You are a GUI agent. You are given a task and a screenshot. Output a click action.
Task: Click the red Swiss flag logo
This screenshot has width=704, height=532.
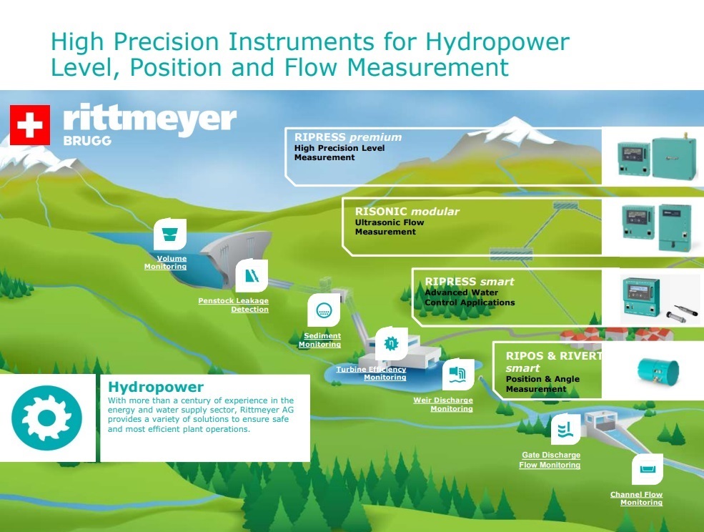(x=30, y=125)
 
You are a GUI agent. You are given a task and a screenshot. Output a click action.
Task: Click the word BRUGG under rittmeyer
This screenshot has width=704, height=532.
(x=87, y=141)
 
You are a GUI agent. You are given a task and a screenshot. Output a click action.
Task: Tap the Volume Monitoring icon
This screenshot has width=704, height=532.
(x=169, y=234)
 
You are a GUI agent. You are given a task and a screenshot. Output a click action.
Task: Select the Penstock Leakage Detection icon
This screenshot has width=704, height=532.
(x=252, y=275)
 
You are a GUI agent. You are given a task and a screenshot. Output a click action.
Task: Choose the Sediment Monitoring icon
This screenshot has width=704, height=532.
(x=324, y=310)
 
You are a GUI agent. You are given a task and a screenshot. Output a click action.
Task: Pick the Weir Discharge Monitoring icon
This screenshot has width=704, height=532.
(x=458, y=374)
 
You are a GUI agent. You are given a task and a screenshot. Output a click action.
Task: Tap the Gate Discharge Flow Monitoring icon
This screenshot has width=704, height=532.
(x=566, y=429)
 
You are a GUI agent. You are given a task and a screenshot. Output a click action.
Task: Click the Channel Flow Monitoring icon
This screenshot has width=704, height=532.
(x=647, y=470)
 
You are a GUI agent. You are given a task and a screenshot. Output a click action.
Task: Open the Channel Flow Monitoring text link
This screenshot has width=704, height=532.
(x=636, y=498)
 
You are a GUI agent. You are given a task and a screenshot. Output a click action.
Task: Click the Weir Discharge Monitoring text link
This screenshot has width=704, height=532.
(x=443, y=405)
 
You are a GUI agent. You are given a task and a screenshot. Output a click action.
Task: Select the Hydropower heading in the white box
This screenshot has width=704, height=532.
(x=156, y=387)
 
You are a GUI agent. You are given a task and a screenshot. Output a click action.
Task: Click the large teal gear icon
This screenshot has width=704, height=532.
(x=46, y=418)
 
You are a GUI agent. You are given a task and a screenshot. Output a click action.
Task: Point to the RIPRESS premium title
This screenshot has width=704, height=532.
(x=348, y=137)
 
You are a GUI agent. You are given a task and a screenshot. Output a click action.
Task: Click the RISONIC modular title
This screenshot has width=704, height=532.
(x=407, y=211)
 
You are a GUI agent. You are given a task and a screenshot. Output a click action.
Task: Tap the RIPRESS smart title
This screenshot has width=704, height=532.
(x=469, y=282)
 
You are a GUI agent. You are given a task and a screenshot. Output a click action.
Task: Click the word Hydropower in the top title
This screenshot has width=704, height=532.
(x=497, y=41)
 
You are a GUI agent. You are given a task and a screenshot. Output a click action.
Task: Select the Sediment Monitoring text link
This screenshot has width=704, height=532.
(x=319, y=340)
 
